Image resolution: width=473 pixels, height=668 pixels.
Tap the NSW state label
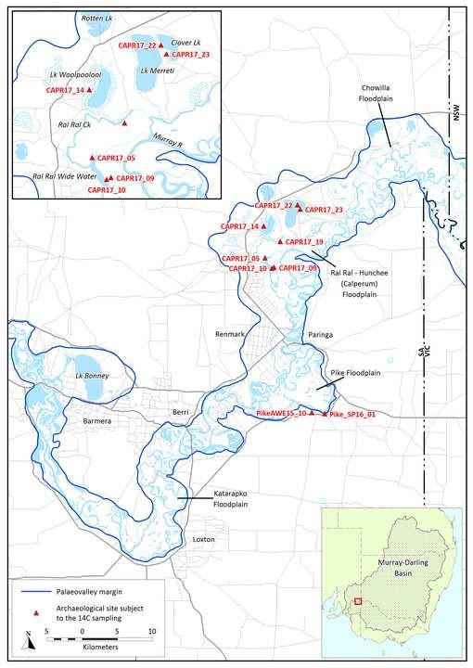455,111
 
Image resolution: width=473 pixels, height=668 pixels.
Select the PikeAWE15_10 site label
280,412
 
